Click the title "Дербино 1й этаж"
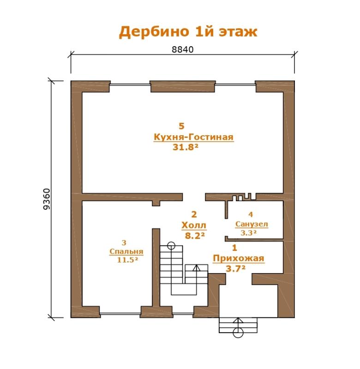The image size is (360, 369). [188, 31]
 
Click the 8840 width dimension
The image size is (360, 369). [182, 49]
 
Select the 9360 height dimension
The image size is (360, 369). [47, 199]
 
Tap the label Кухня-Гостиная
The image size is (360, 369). [193, 137]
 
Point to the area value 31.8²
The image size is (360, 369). [186, 147]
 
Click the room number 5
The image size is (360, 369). [181, 126]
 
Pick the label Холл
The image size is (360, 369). [194, 226]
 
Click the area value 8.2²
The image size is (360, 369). [195, 236]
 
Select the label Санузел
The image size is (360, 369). [252, 224]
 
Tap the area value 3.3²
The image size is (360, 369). [248, 233]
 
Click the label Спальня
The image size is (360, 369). [126, 251]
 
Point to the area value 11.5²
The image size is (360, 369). [127, 260]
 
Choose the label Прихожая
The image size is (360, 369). [239, 258]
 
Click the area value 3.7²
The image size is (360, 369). [235, 268]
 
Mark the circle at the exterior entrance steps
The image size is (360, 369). [238, 333]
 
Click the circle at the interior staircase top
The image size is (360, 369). [171, 246]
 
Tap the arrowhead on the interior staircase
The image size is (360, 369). [196, 268]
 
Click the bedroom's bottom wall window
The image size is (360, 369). [120, 314]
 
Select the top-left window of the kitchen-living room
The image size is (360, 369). [130, 84]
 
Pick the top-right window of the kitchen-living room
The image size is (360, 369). [235, 84]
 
